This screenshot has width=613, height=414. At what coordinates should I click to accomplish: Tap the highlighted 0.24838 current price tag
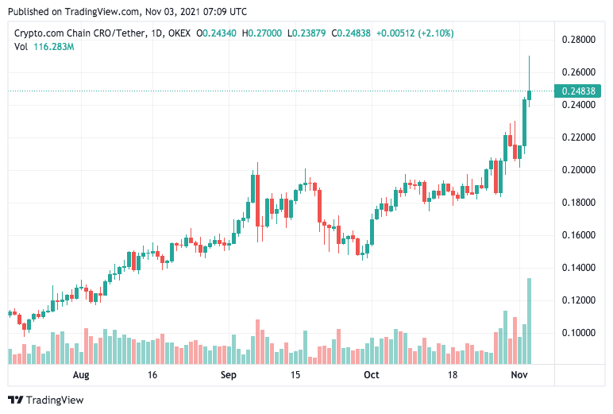579,91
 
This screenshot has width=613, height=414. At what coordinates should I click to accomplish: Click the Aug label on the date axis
80,375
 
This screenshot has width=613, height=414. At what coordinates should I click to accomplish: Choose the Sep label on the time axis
229,375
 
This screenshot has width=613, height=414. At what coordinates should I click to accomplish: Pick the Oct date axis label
370,375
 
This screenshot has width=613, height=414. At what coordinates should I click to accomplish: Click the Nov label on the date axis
519,375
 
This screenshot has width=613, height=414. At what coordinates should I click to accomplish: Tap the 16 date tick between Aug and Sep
153,375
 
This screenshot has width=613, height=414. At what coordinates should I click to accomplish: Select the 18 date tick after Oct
454,375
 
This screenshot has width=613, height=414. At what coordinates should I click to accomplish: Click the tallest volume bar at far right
529,321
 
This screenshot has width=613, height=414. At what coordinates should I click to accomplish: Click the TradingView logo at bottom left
45,400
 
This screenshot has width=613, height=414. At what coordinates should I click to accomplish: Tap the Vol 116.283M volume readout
44,47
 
